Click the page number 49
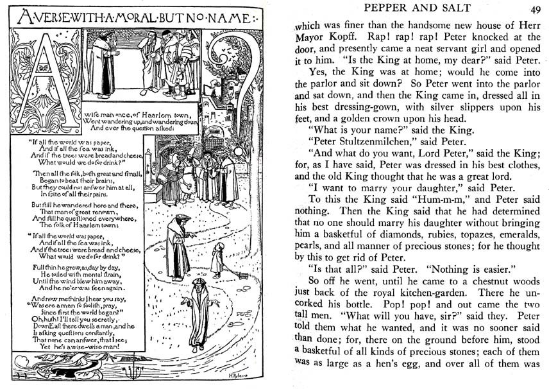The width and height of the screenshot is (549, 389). pos(536,8)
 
